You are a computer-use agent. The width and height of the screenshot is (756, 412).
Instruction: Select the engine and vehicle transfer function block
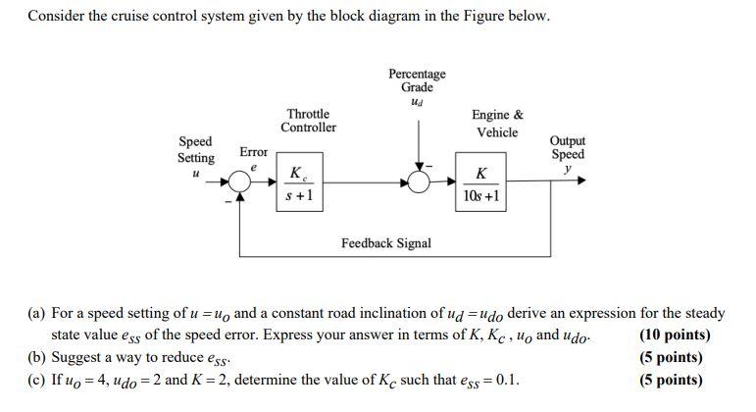[480, 183]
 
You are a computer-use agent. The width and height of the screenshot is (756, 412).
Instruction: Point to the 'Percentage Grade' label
[417, 80]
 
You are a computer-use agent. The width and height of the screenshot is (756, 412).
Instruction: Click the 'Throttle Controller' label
[308, 121]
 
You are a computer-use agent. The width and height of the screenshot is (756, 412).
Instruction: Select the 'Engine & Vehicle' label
[497, 124]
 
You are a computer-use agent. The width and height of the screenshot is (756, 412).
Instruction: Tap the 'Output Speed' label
[568, 148]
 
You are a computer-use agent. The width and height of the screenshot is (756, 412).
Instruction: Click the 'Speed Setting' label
[196, 149]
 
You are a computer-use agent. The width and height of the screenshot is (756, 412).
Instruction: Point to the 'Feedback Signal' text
[385, 242]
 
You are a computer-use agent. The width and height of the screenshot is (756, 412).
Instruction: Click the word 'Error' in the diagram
[254, 153]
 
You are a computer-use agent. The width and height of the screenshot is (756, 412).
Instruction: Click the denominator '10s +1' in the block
[480, 195]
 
